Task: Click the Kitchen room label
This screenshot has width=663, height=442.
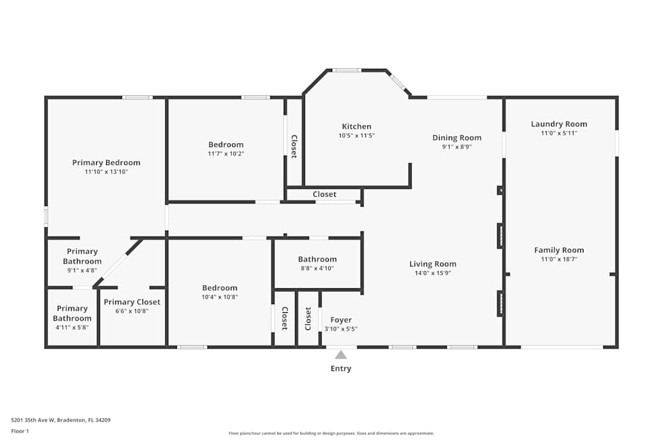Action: (x=357, y=127)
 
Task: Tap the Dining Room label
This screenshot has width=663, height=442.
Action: (x=457, y=138)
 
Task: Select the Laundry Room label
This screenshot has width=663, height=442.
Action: (x=559, y=124)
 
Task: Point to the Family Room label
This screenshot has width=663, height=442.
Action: (x=559, y=250)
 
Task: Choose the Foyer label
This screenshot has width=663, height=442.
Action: (x=341, y=320)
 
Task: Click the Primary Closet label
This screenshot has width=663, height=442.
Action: (x=132, y=302)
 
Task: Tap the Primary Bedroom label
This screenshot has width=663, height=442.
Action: (x=106, y=162)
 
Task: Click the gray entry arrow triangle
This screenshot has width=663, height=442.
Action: (x=341, y=355)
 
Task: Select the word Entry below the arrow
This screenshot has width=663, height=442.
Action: (x=341, y=368)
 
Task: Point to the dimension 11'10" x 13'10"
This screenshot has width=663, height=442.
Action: (x=106, y=172)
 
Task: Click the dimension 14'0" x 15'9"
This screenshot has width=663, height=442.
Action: (x=433, y=273)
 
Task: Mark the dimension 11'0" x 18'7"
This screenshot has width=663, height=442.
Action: (x=559, y=260)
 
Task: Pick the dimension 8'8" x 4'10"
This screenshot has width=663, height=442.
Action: (x=317, y=268)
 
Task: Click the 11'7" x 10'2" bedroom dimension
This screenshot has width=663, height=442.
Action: (x=226, y=154)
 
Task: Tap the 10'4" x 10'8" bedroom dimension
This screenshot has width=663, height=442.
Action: (x=219, y=297)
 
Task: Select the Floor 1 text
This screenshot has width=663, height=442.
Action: (x=20, y=431)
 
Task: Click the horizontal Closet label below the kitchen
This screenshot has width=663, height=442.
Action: (x=324, y=195)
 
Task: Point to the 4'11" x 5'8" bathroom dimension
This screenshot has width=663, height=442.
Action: (x=72, y=327)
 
